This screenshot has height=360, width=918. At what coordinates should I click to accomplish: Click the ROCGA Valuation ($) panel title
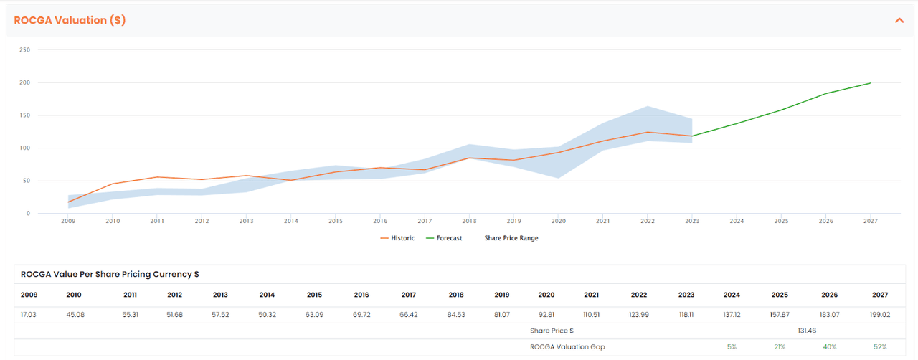70,20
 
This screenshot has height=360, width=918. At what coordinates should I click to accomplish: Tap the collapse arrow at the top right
899,20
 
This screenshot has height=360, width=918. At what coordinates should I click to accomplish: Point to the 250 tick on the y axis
25,50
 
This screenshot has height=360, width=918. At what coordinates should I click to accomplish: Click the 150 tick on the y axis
25,115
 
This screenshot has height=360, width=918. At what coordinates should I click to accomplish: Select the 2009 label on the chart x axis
68,221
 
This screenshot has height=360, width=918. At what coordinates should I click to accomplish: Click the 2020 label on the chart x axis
557,221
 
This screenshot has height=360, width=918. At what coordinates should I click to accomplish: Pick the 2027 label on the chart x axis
870,221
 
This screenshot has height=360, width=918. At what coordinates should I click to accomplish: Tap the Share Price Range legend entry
511,238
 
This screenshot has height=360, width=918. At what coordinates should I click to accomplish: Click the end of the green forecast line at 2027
870,83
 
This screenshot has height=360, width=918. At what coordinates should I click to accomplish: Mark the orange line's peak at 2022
647,132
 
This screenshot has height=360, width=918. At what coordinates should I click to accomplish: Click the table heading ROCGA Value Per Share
110,274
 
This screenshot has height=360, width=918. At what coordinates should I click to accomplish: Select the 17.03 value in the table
29,315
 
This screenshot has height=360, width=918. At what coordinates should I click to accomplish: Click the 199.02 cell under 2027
879,315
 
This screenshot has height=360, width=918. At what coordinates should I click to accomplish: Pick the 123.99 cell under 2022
638,315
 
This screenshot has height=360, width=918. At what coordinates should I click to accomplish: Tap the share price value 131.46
808,331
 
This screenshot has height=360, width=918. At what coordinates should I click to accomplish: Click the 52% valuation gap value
880,347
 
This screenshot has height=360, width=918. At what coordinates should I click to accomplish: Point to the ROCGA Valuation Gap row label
557,347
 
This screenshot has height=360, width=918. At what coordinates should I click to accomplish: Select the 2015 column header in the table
314,295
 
